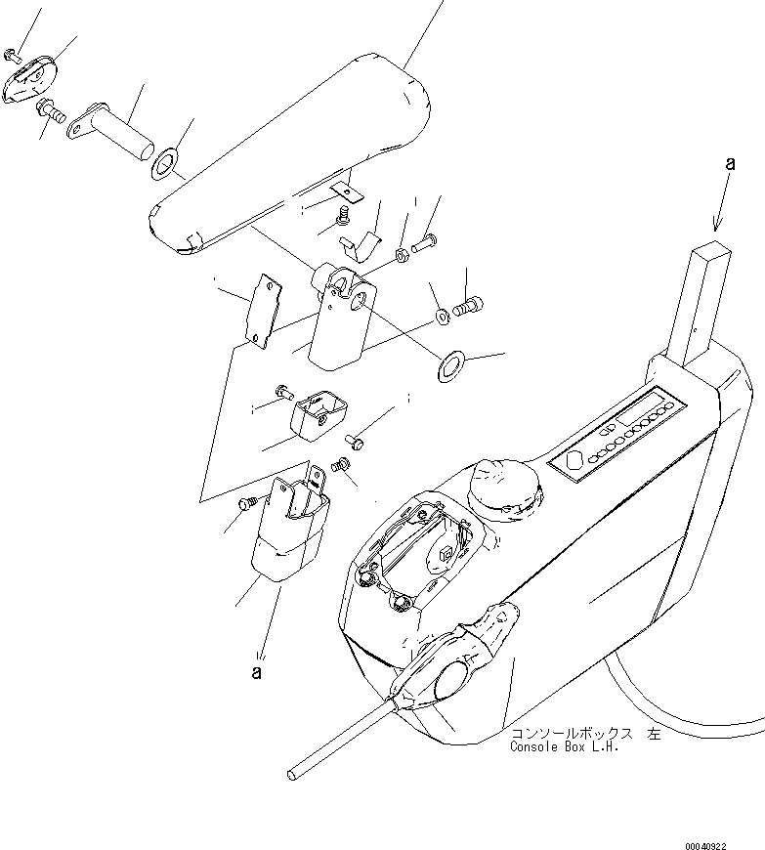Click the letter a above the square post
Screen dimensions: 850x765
(729, 165)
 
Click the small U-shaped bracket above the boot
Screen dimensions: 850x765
(310, 411)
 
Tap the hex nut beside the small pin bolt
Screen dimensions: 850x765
(401, 256)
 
